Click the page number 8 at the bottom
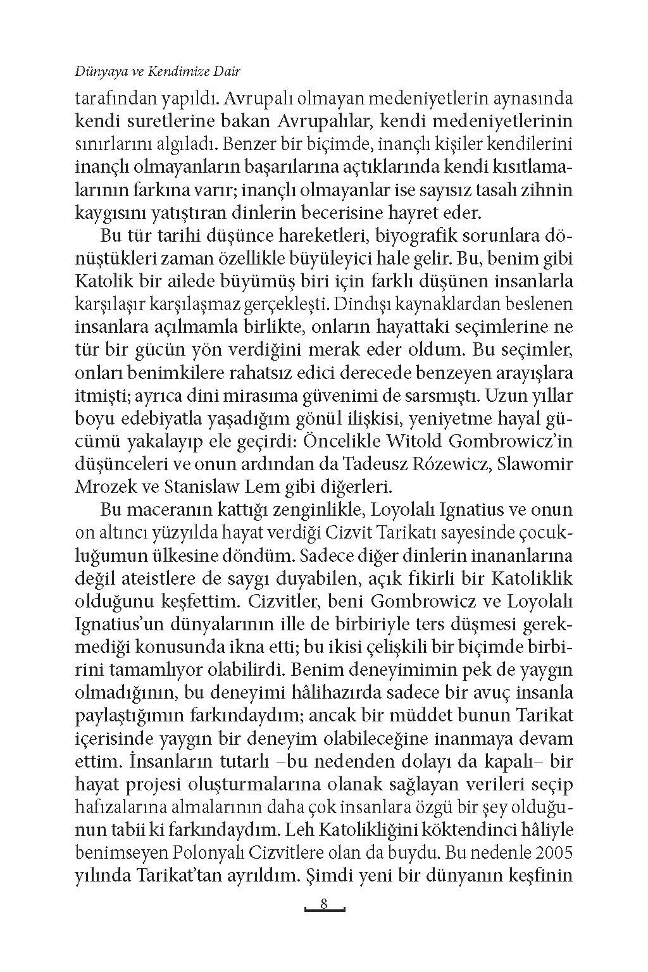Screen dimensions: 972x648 323,903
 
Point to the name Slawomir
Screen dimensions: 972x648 535,463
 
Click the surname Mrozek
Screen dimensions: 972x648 102,487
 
